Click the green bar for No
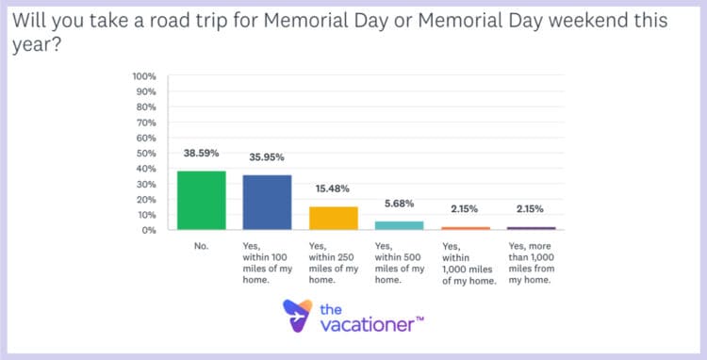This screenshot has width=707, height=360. click(x=202, y=200)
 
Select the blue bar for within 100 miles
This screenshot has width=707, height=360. click(x=268, y=203)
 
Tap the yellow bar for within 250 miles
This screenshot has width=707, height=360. click(x=334, y=218)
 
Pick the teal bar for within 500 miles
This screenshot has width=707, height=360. click(x=400, y=225)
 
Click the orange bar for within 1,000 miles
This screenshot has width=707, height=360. click(x=466, y=228)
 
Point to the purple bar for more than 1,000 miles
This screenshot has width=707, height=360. click(x=532, y=228)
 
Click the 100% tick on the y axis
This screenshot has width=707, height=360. click(x=144, y=76)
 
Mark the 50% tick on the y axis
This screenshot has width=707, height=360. click(x=146, y=153)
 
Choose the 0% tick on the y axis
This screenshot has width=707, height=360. click(x=149, y=230)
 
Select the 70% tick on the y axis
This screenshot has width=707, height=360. click(x=146, y=123)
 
